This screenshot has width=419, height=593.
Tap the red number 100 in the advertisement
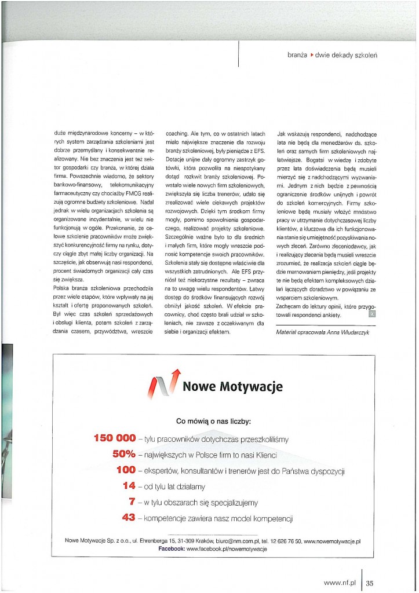tap(126, 470)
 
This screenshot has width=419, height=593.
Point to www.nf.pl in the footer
tap(340, 583)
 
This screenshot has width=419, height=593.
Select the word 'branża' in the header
tap(298, 55)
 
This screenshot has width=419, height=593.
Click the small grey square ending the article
tap(372, 314)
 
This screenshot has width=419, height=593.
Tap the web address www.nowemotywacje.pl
tap(332, 540)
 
